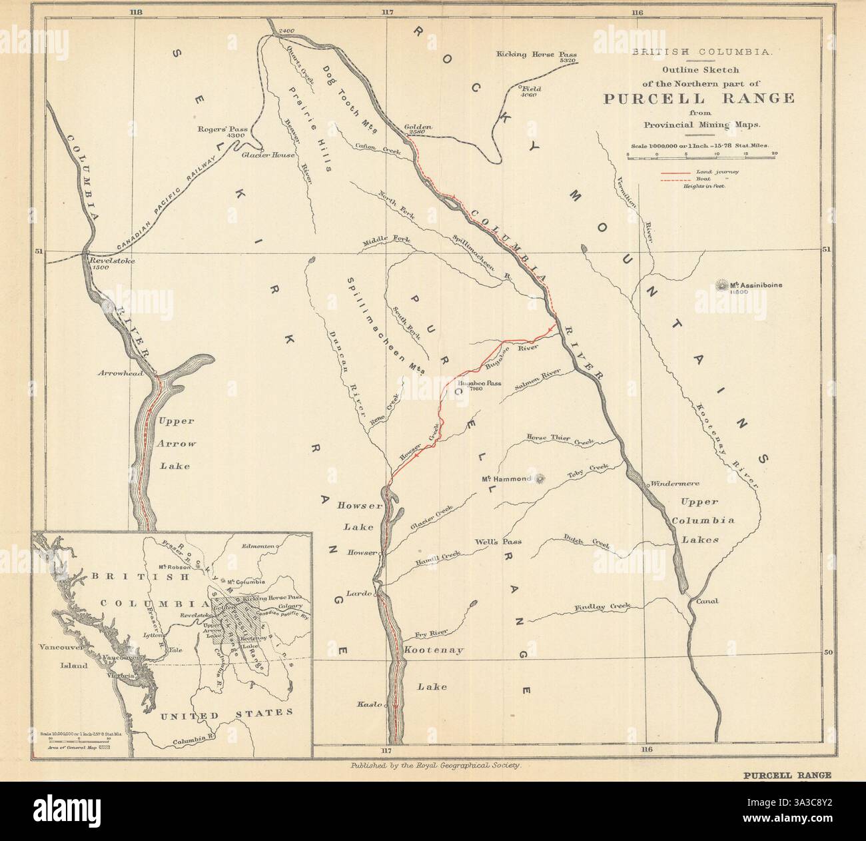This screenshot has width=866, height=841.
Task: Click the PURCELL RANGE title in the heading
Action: (699, 99)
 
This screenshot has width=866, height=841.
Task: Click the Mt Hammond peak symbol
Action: (540, 478)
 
